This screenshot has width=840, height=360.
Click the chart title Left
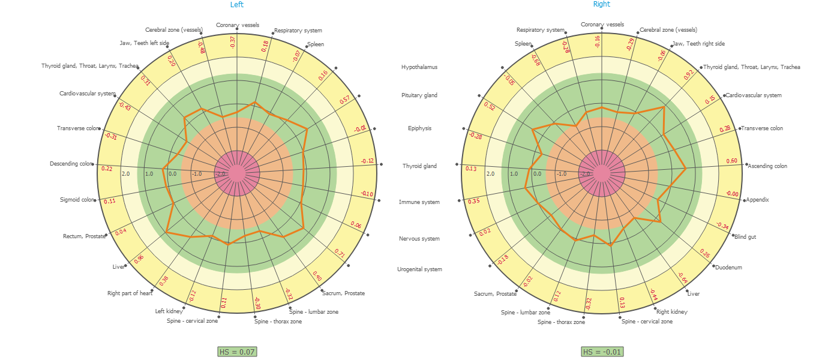point(237,5)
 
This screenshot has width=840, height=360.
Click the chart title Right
point(601,4)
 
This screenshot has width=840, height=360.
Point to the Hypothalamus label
point(419,67)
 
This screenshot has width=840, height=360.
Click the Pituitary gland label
point(419,95)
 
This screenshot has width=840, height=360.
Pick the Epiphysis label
point(419,128)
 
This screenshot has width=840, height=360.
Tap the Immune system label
point(419,202)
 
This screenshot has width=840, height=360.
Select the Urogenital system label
point(419,269)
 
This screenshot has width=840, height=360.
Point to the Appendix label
point(757,200)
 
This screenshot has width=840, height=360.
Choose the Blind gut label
point(745,237)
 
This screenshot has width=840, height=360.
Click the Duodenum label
point(728,268)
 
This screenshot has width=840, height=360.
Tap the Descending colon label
point(72,164)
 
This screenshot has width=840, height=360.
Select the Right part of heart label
point(130,293)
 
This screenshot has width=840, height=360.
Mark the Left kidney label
point(169,311)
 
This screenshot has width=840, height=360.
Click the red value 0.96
point(139,259)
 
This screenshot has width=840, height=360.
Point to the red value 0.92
point(689,74)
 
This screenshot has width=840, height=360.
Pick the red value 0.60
point(731,161)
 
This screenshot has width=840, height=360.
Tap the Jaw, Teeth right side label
point(698,44)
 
